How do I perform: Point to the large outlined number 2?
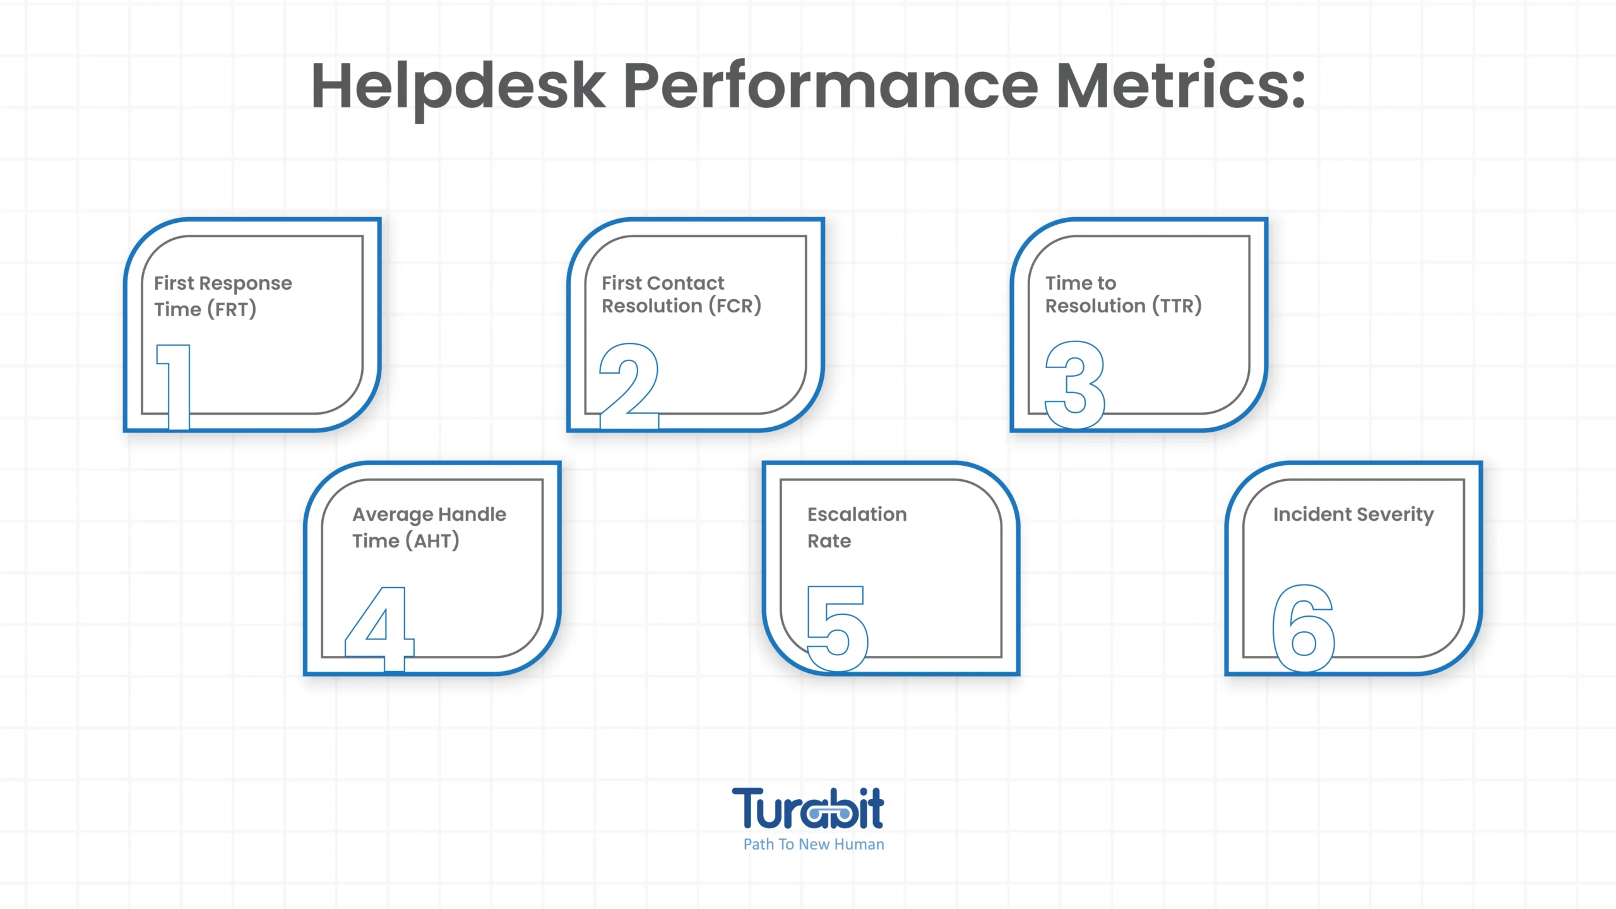[x=629, y=386]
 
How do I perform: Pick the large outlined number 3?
[x=1075, y=385]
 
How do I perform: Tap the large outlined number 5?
[x=838, y=629]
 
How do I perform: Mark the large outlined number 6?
[x=1303, y=628]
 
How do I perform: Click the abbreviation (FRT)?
[x=231, y=309]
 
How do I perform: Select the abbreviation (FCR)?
[x=735, y=306]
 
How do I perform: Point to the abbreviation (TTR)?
[x=1177, y=306]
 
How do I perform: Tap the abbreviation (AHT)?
[x=432, y=541]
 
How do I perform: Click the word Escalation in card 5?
[x=857, y=514]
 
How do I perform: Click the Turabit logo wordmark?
[x=808, y=808]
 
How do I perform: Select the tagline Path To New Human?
[x=814, y=845]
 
